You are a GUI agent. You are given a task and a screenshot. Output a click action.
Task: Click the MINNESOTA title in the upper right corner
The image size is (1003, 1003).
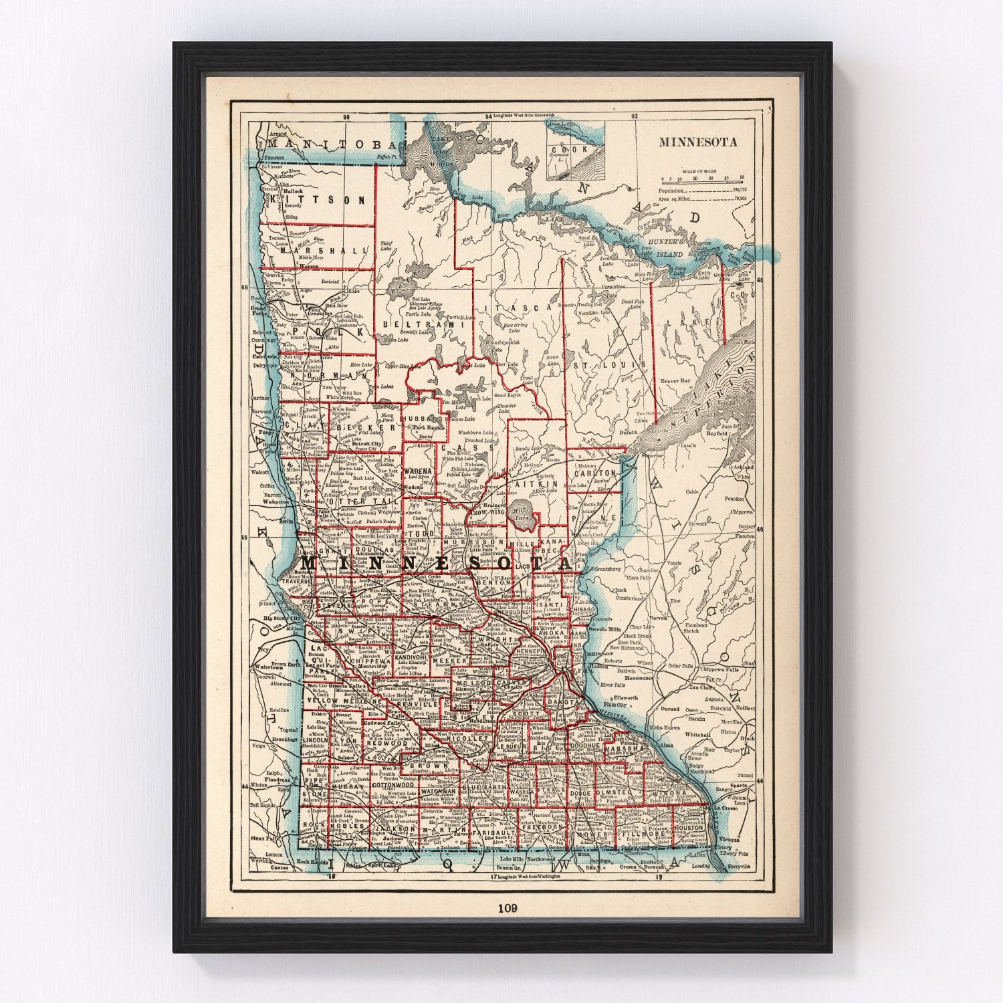click(697, 142)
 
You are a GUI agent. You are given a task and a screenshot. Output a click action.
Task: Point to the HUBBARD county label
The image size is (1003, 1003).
click(421, 418)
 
